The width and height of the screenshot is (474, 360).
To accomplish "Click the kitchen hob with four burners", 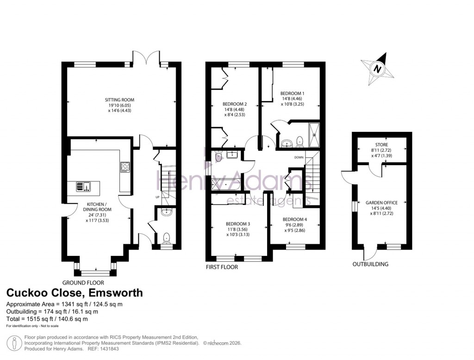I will pos(125,167).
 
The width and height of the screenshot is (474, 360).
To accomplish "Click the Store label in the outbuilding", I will pos(382,145).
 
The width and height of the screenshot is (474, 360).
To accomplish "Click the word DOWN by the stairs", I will pos(299,157).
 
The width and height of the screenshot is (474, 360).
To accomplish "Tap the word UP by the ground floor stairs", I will pos(157,198).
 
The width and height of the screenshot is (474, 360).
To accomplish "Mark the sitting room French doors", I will pos(147,57).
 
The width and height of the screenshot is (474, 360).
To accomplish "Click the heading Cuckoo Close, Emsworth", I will pos(74,293).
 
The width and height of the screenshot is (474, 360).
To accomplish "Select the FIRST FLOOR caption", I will pos(223,267).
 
